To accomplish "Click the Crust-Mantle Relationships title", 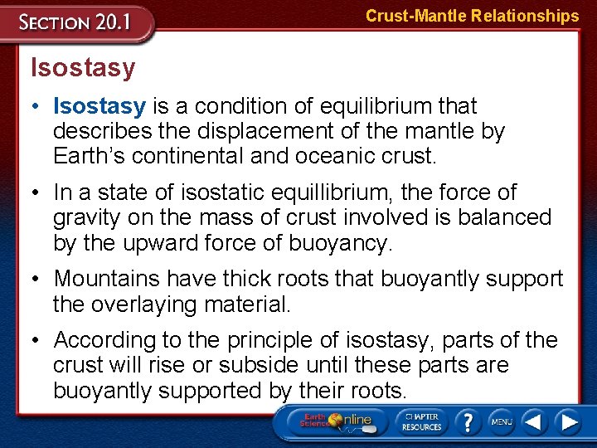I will point(472,16).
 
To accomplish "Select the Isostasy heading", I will point(82,68).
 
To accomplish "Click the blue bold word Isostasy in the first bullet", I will point(99,106).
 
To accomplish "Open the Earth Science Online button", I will point(336,421).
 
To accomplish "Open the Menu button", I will point(502,421).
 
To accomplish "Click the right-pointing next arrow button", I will point(568,421).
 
